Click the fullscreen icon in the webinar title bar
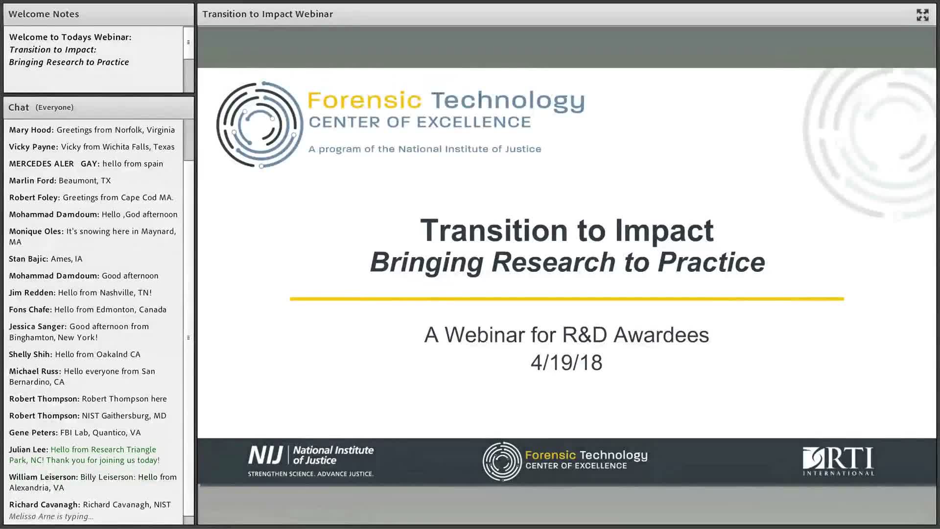pyautogui.click(x=922, y=15)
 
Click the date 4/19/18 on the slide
pyautogui.click(x=566, y=363)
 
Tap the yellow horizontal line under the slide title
pyautogui.click(x=567, y=298)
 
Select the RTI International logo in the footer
pyautogui.click(x=838, y=461)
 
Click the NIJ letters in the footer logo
pyautogui.click(x=265, y=455)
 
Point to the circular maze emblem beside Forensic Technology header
pyautogui.click(x=259, y=125)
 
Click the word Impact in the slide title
pyautogui.click(x=664, y=230)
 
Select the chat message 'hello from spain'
pyautogui.click(x=133, y=164)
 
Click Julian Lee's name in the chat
pyautogui.click(x=28, y=450)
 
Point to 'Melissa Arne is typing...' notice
pyautogui.click(x=51, y=516)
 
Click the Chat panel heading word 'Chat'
pyautogui.click(x=19, y=107)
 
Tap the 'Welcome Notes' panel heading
pyautogui.click(x=44, y=14)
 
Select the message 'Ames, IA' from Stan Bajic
pyautogui.click(x=67, y=259)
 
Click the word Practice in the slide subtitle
pyautogui.click(x=711, y=262)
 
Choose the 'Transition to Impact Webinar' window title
pyautogui.click(x=268, y=14)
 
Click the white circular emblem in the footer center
pyautogui.click(x=502, y=461)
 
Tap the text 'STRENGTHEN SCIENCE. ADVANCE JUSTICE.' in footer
pyautogui.click(x=310, y=474)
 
